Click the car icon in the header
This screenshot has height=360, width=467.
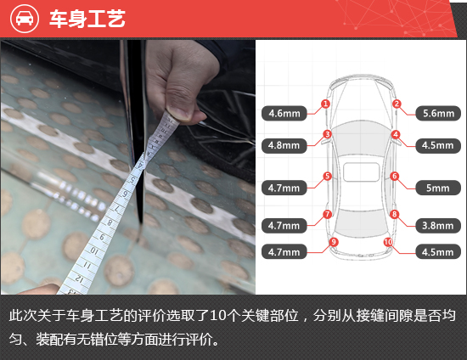coord(25,18)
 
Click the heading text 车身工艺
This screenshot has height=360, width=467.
coord(87,19)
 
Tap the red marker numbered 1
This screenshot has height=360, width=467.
coord(325,104)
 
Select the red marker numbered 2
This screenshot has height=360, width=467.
coord(397,104)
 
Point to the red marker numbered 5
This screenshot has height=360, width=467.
coord(327,176)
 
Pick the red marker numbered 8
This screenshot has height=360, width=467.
coord(394,214)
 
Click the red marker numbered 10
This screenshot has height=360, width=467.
coord(388,242)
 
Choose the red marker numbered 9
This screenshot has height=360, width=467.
coord(334,242)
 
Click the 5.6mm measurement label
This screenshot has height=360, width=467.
coord(438,113)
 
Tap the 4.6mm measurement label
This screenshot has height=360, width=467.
coord(284,113)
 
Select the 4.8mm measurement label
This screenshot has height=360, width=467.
coord(284,145)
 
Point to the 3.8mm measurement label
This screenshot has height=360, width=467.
coord(438,226)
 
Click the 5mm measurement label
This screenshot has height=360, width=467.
coord(438,188)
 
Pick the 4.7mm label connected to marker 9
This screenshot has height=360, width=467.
coord(284,252)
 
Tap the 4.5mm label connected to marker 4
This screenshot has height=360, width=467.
coord(438,145)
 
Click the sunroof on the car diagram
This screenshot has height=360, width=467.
coord(361,172)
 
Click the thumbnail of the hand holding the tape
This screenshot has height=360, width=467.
coord(127,167)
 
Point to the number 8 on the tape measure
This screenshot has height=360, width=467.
coord(110,222)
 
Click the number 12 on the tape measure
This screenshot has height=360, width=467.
coord(79,278)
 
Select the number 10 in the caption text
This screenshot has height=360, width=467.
coord(217,316)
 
